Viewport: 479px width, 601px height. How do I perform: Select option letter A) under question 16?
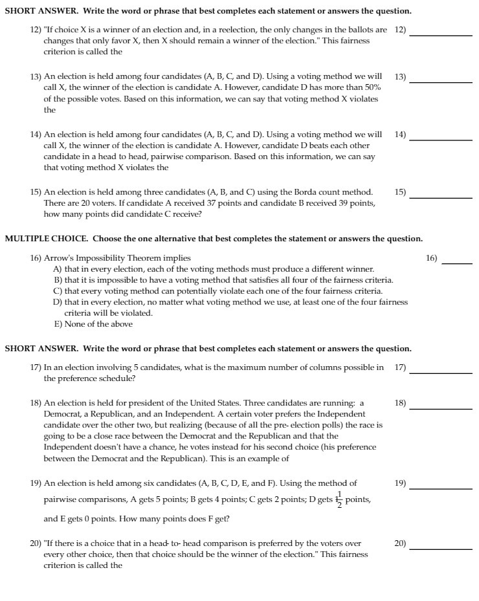point(58,269)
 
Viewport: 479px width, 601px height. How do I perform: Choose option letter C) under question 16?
point(58,291)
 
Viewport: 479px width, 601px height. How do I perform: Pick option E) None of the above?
point(93,324)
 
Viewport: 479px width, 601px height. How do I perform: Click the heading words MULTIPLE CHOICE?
point(40,239)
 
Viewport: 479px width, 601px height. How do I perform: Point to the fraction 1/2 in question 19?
point(340,501)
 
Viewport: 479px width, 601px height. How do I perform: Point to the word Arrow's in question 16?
point(57,258)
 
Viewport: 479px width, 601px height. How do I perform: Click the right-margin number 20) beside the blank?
point(400,543)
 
